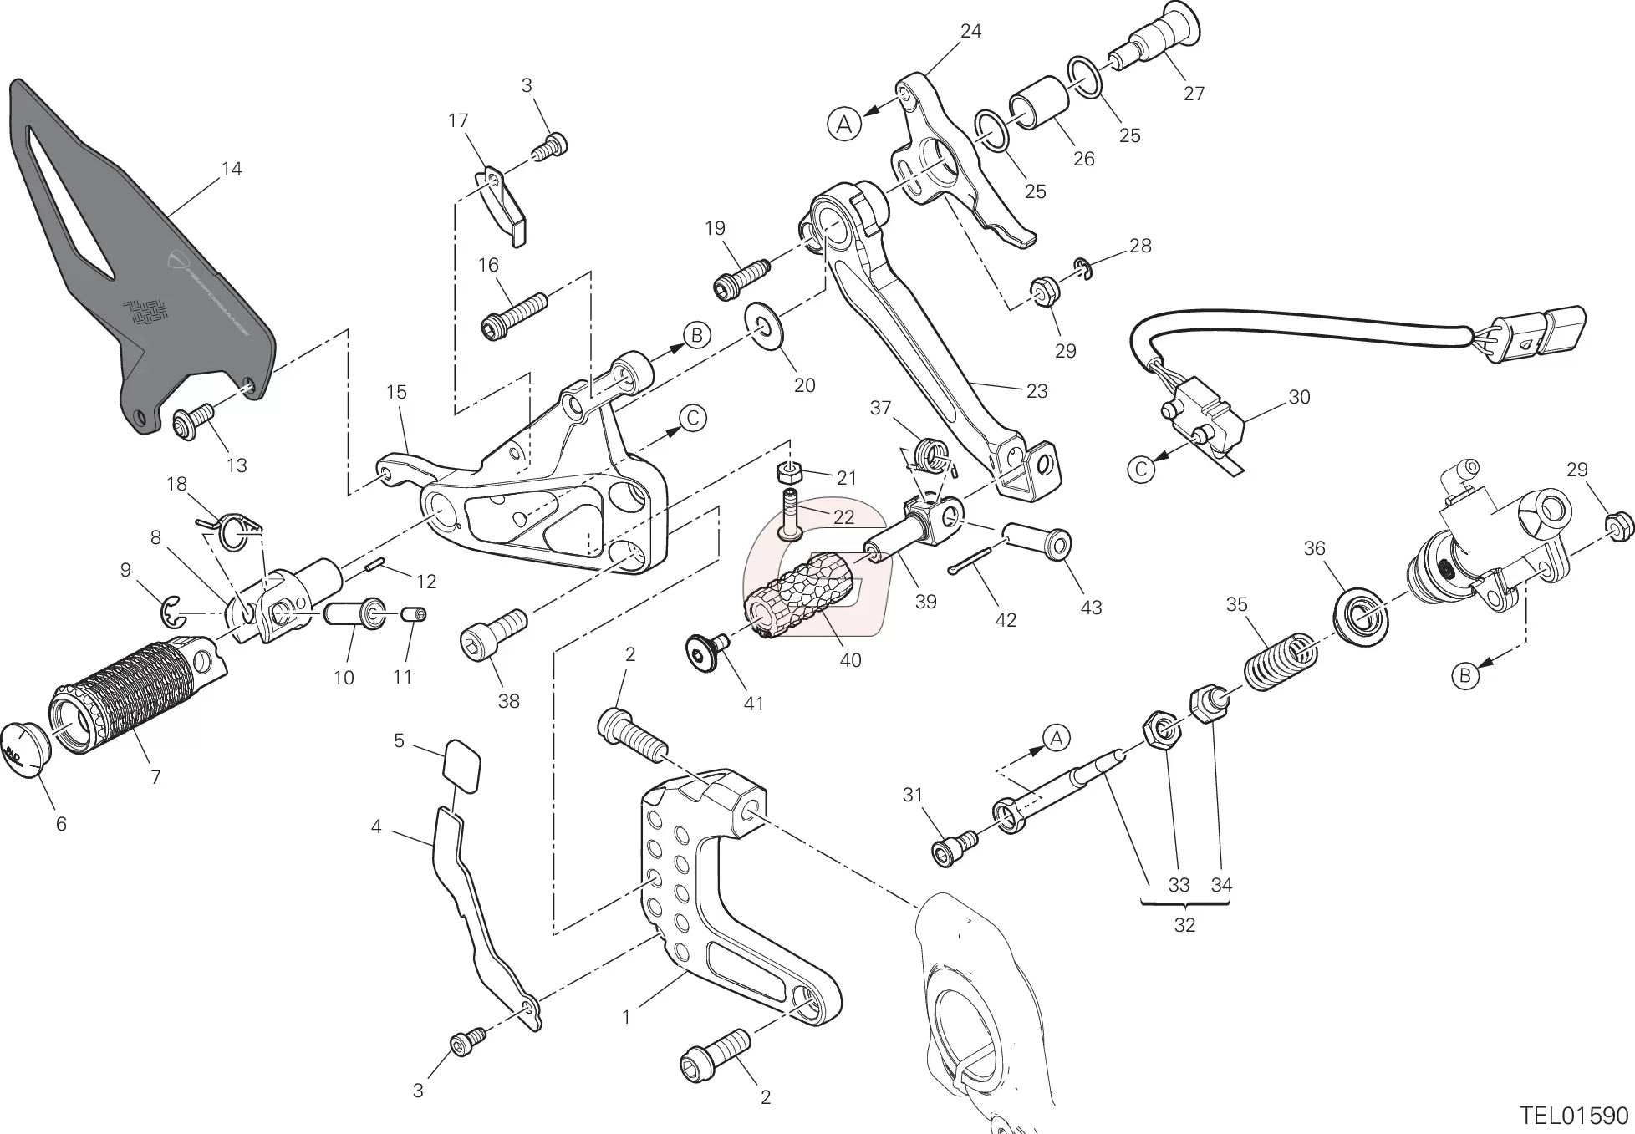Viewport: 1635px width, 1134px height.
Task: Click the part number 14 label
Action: click(232, 169)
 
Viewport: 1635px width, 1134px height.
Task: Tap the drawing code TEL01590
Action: click(1574, 1116)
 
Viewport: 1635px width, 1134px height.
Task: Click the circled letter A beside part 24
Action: click(844, 125)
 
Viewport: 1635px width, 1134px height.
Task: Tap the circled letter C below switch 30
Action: click(1141, 470)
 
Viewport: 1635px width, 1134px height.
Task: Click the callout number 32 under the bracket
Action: click(1184, 925)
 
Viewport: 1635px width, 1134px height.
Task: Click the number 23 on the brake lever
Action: click(1037, 391)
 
